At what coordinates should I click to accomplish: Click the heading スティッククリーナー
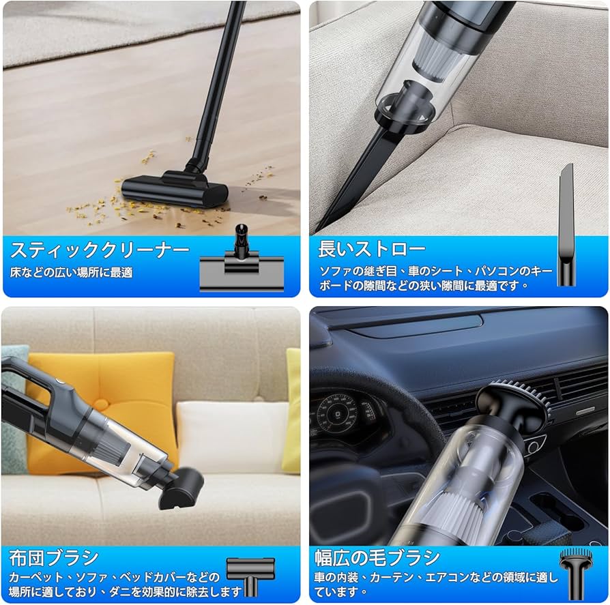coord(100,250)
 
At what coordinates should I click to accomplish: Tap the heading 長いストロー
coord(372,249)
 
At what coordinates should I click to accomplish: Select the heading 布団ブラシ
coord(54,558)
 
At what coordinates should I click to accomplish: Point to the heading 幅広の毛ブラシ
coord(377,557)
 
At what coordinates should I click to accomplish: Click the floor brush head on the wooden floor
coord(175,190)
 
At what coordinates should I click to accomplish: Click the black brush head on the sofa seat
coord(181,488)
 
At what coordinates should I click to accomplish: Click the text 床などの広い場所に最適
coord(71,272)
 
